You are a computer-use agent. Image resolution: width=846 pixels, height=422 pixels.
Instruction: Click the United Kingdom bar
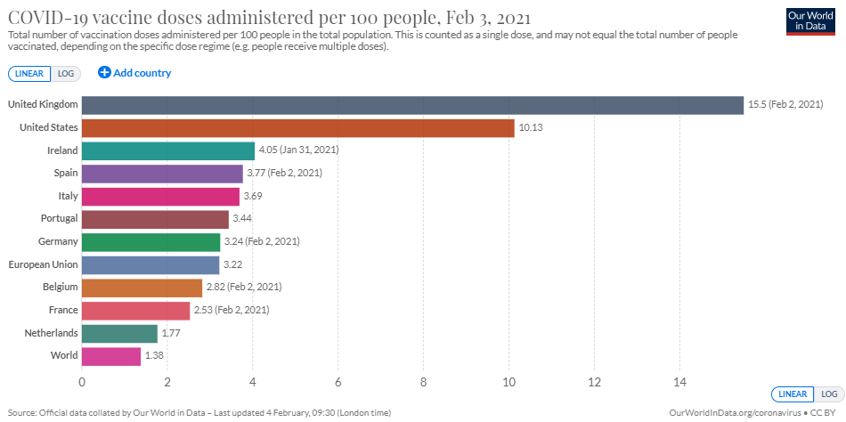click(x=412, y=105)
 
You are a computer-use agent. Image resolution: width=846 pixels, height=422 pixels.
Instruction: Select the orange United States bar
click(x=298, y=128)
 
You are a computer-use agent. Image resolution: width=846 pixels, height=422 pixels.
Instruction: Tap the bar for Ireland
click(x=168, y=150)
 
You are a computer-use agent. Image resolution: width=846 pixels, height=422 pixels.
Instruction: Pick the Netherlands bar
click(x=119, y=333)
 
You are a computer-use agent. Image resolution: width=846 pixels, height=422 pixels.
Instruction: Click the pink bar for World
click(x=111, y=356)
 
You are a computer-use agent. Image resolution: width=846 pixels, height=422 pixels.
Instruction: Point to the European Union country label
click(x=44, y=264)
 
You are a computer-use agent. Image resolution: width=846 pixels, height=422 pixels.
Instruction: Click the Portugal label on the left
click(x=58, y=219)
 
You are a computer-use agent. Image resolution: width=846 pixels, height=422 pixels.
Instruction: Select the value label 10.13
click(x=532, y=128)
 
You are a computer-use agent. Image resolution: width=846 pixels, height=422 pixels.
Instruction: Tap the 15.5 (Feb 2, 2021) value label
click(x=785, y=105)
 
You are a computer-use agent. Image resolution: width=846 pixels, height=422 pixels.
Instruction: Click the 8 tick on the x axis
click(x=423, y=382)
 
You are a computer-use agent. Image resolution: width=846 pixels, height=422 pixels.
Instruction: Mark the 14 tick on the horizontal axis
click(x=679, y=382)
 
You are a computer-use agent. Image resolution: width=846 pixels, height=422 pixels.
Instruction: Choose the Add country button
click(x=134, y=73)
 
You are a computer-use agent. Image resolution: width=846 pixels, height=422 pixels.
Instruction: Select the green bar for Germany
click(x=151, y=242)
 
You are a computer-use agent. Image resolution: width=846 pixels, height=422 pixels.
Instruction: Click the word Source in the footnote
click(x=21, y=414)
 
